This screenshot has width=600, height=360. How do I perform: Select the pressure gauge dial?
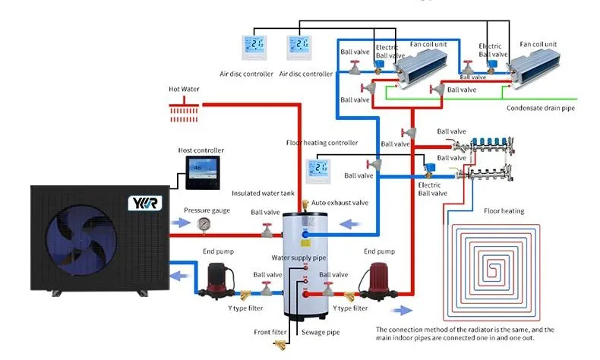(x=203, y=224)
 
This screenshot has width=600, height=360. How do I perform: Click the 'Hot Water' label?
(x=184, y=89)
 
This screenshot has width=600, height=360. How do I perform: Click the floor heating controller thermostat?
(x=320, y=169)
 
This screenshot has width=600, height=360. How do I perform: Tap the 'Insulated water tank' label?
(x=263, y=194)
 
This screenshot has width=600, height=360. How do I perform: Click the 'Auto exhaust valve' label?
(x=339, y=204)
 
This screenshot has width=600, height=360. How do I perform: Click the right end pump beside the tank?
(x=379, y=279)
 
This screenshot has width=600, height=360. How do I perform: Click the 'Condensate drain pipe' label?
(x=540, y=109)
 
